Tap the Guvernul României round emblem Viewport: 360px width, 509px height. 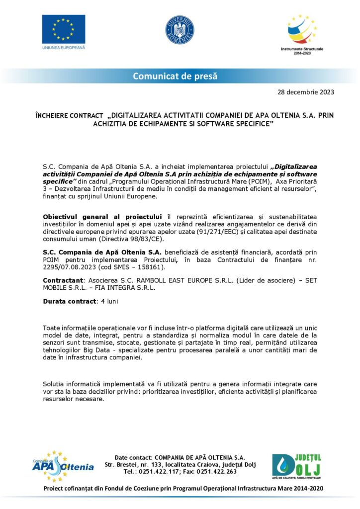[x=180, y=29]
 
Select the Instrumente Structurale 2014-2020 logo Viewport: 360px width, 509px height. [x=302, y=33]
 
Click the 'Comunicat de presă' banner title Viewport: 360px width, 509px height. [x=175, y=76]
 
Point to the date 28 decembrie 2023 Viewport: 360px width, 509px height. [x=305, y=92]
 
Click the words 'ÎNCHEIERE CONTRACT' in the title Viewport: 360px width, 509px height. [x=69, y=115]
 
